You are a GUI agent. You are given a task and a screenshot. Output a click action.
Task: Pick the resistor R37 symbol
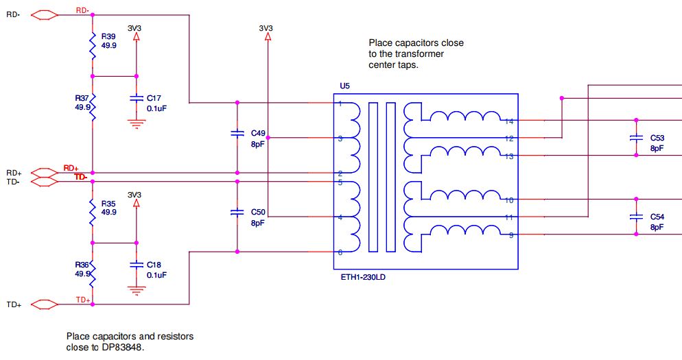92,106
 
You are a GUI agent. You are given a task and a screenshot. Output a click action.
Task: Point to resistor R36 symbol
92,272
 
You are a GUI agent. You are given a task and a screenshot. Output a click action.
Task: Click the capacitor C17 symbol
137,99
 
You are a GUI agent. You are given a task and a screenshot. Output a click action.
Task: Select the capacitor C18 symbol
137,265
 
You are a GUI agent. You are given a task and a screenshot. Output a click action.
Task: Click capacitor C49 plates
237,133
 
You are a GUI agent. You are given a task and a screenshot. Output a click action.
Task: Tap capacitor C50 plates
237,213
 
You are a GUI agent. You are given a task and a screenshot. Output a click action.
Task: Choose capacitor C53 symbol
636,139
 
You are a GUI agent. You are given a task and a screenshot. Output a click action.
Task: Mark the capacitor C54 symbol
636,217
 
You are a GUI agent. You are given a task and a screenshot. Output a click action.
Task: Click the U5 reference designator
344,86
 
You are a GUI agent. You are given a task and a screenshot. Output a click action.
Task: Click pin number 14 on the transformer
509,122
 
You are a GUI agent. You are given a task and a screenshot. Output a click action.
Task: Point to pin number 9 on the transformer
510,236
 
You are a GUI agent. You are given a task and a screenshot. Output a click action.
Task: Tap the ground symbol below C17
137,123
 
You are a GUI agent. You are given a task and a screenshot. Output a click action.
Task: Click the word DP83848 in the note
125,348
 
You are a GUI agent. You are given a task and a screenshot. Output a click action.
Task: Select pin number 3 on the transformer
340,139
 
